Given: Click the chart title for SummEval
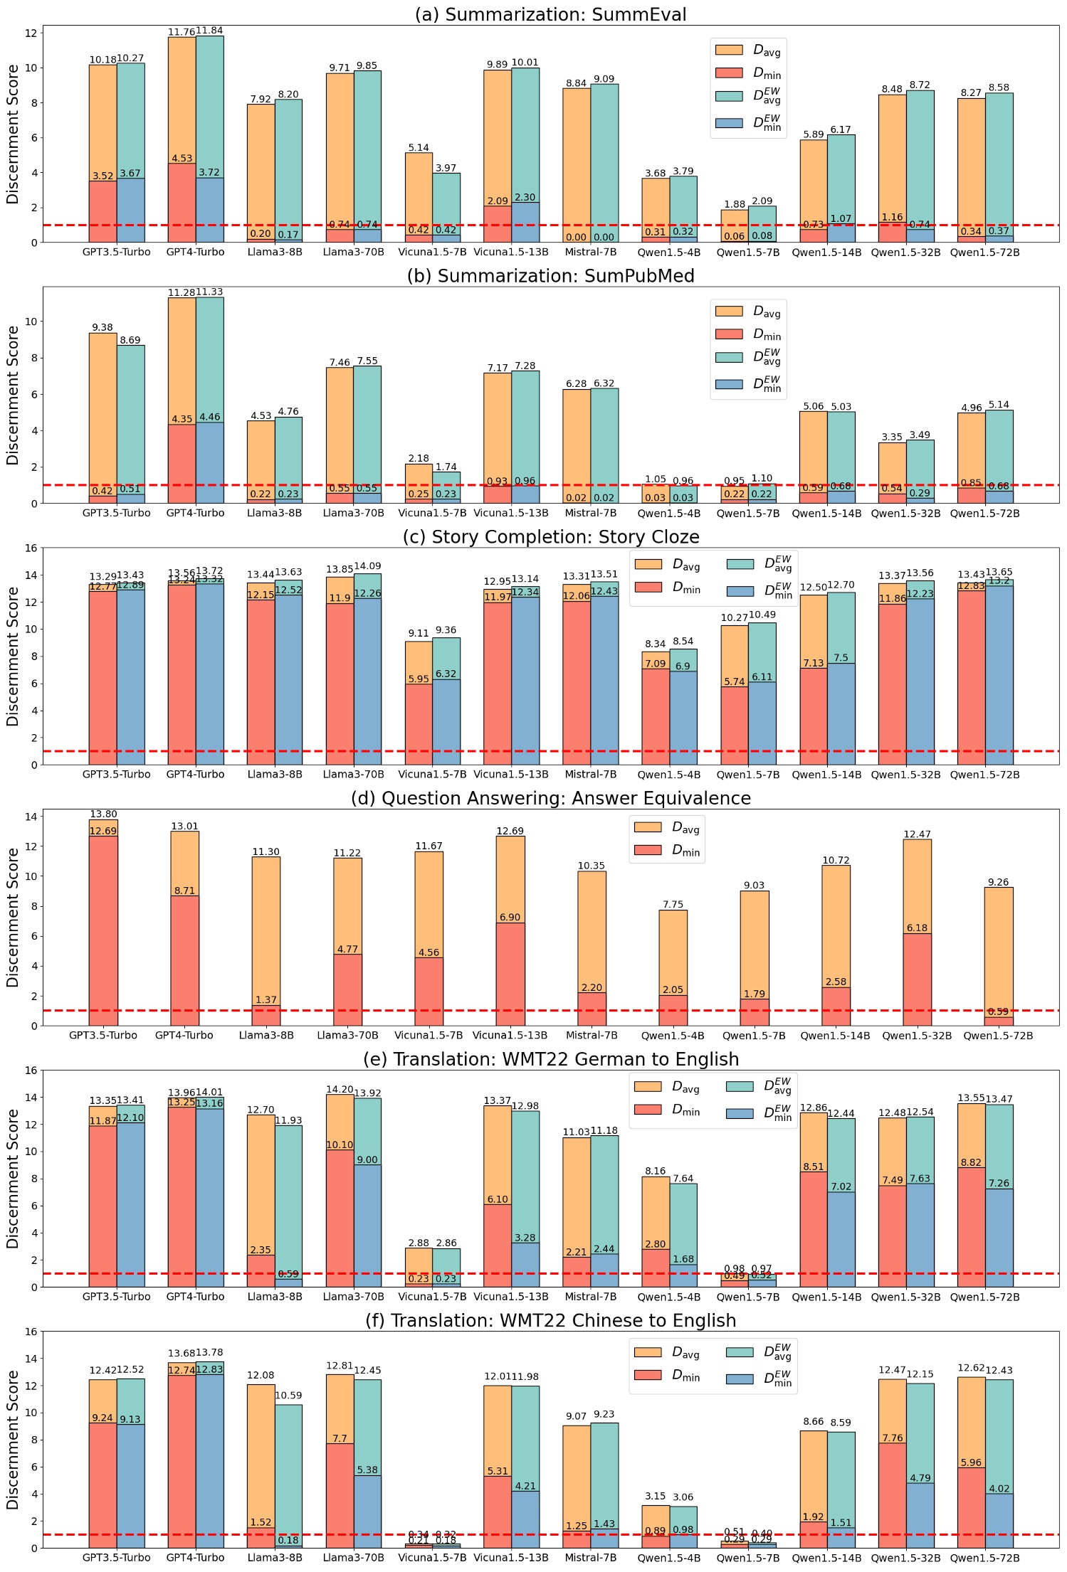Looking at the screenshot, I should pyautogui.click(x=550, y=14).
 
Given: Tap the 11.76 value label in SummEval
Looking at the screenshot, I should pyautogui.click(x=182, y=32).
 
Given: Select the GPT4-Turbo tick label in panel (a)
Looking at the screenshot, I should pyautogui.click(x=195, y=253).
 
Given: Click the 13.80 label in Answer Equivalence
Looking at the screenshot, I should pyautogui.click(x=103, y=814).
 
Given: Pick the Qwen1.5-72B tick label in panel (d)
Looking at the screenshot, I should pyautogui.click(x=998, y=1036).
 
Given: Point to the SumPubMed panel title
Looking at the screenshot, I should pyautogui.click(x=550, y=276).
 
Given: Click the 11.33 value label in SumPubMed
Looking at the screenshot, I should pyautogui.click(x=210, y=292).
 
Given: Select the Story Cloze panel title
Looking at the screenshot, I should pyautogui.click(x=550, y=537).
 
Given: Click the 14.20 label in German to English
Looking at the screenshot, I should pyautogui.click(x=340, y=1089).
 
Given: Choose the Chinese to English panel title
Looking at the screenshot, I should pyautogui.click(x=550, y=1321).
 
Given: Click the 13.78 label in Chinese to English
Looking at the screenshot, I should pyautogui.click(x=210, y=1352).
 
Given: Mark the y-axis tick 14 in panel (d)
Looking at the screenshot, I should pyautogui.click(x=31, y=817).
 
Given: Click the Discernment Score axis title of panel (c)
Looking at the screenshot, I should pyautogui.click(x=13, y=656).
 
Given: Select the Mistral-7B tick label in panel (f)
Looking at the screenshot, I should pyautogui.click(x=590, y=1558).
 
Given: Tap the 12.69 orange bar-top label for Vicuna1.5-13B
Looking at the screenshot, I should pyautogui.click(x=510, y=831).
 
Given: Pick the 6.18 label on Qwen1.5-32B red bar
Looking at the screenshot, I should pyautogui.click(x=917, y=928).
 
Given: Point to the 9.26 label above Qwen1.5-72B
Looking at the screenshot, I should pyautogui.click(x=998, y=882).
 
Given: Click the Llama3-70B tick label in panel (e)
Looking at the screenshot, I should pyautogui.click(x=353, y=1297).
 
